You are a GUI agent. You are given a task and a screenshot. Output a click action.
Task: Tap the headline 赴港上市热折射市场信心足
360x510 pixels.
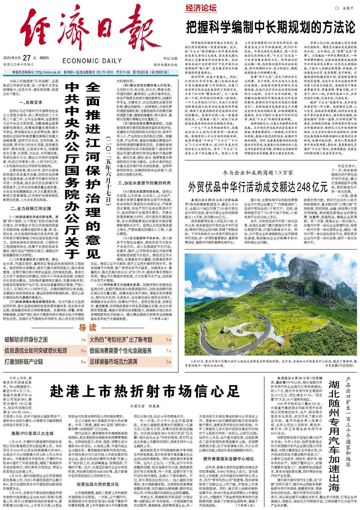[144, 389]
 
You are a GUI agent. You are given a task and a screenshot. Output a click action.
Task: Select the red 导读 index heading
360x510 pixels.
[88, 328]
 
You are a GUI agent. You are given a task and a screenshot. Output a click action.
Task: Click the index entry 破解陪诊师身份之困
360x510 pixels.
[26, 339]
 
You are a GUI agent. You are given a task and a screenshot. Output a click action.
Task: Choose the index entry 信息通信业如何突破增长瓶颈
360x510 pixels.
[35, 350]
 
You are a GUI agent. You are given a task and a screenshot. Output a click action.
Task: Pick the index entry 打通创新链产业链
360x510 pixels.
[24, 361]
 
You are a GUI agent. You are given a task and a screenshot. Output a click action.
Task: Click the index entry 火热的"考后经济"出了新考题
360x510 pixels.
[121, 339]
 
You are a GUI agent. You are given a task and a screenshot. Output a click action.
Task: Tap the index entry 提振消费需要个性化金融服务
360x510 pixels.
[121, 350]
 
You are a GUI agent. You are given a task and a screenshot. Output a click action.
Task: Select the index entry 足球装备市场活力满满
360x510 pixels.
[113, 361]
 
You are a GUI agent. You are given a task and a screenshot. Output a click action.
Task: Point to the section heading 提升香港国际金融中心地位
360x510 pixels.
[229, 459]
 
